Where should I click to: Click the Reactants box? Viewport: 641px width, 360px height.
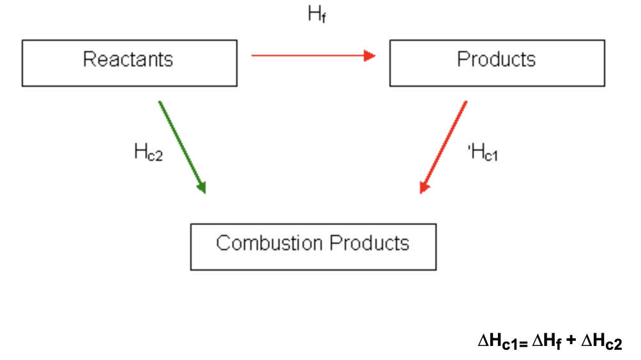pyautogui.click(x=130, y=63)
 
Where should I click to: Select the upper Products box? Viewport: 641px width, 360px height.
pyautogui.click(x=497, y=63)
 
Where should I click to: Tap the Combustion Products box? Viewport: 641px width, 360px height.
pyautogui.click(x=313, y=246)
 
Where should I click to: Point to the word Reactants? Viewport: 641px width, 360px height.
pyautogui.click(x=128, y=59)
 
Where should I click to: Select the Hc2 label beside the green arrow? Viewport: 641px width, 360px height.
pyautogui.click(x=148, y=153)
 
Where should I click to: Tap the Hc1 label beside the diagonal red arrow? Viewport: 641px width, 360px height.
pyautogui.click(x=483, y=153)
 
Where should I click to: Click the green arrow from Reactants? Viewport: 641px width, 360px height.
pyautogui.click(x=181, y=146)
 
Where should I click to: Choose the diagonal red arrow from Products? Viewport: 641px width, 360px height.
pyautogui.click(x=444, y=146)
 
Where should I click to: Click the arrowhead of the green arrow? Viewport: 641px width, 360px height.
pyautogui.click(x=202, y=187)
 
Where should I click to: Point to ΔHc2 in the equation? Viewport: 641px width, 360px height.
pyautogui.click(x=601, y=342)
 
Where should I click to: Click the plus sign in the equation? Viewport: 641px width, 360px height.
pyautogui.click(x=571, y=341)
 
